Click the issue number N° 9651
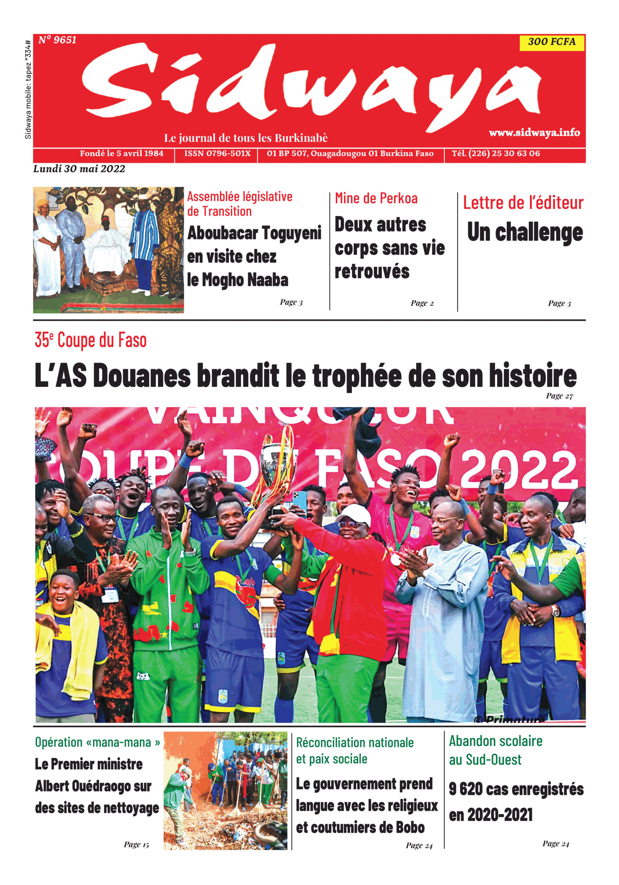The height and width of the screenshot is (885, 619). (x=57, y=40)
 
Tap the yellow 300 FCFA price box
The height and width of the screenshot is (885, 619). (x=551, y=42)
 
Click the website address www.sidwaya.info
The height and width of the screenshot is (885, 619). (x=534, y=133)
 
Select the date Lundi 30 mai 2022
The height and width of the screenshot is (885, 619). (x=79, y=169)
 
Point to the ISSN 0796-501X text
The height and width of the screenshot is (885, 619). (x=217, y=153)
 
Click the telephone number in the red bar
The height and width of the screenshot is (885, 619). (x=496, y=153)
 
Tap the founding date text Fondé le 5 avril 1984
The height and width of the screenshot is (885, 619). (x=121, y=153)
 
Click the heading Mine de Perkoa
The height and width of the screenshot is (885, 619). (x=376, y=198)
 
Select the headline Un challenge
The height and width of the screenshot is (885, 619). (x=525, y=232)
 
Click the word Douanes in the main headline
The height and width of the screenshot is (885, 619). (x=141, y=376)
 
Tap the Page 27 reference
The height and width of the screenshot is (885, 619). (x=559, y=396)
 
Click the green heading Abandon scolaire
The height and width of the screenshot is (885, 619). (x=495, y=741)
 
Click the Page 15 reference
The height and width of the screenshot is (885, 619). (x=136, y=845)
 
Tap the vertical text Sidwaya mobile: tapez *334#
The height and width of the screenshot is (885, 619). (x=28, y=90)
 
